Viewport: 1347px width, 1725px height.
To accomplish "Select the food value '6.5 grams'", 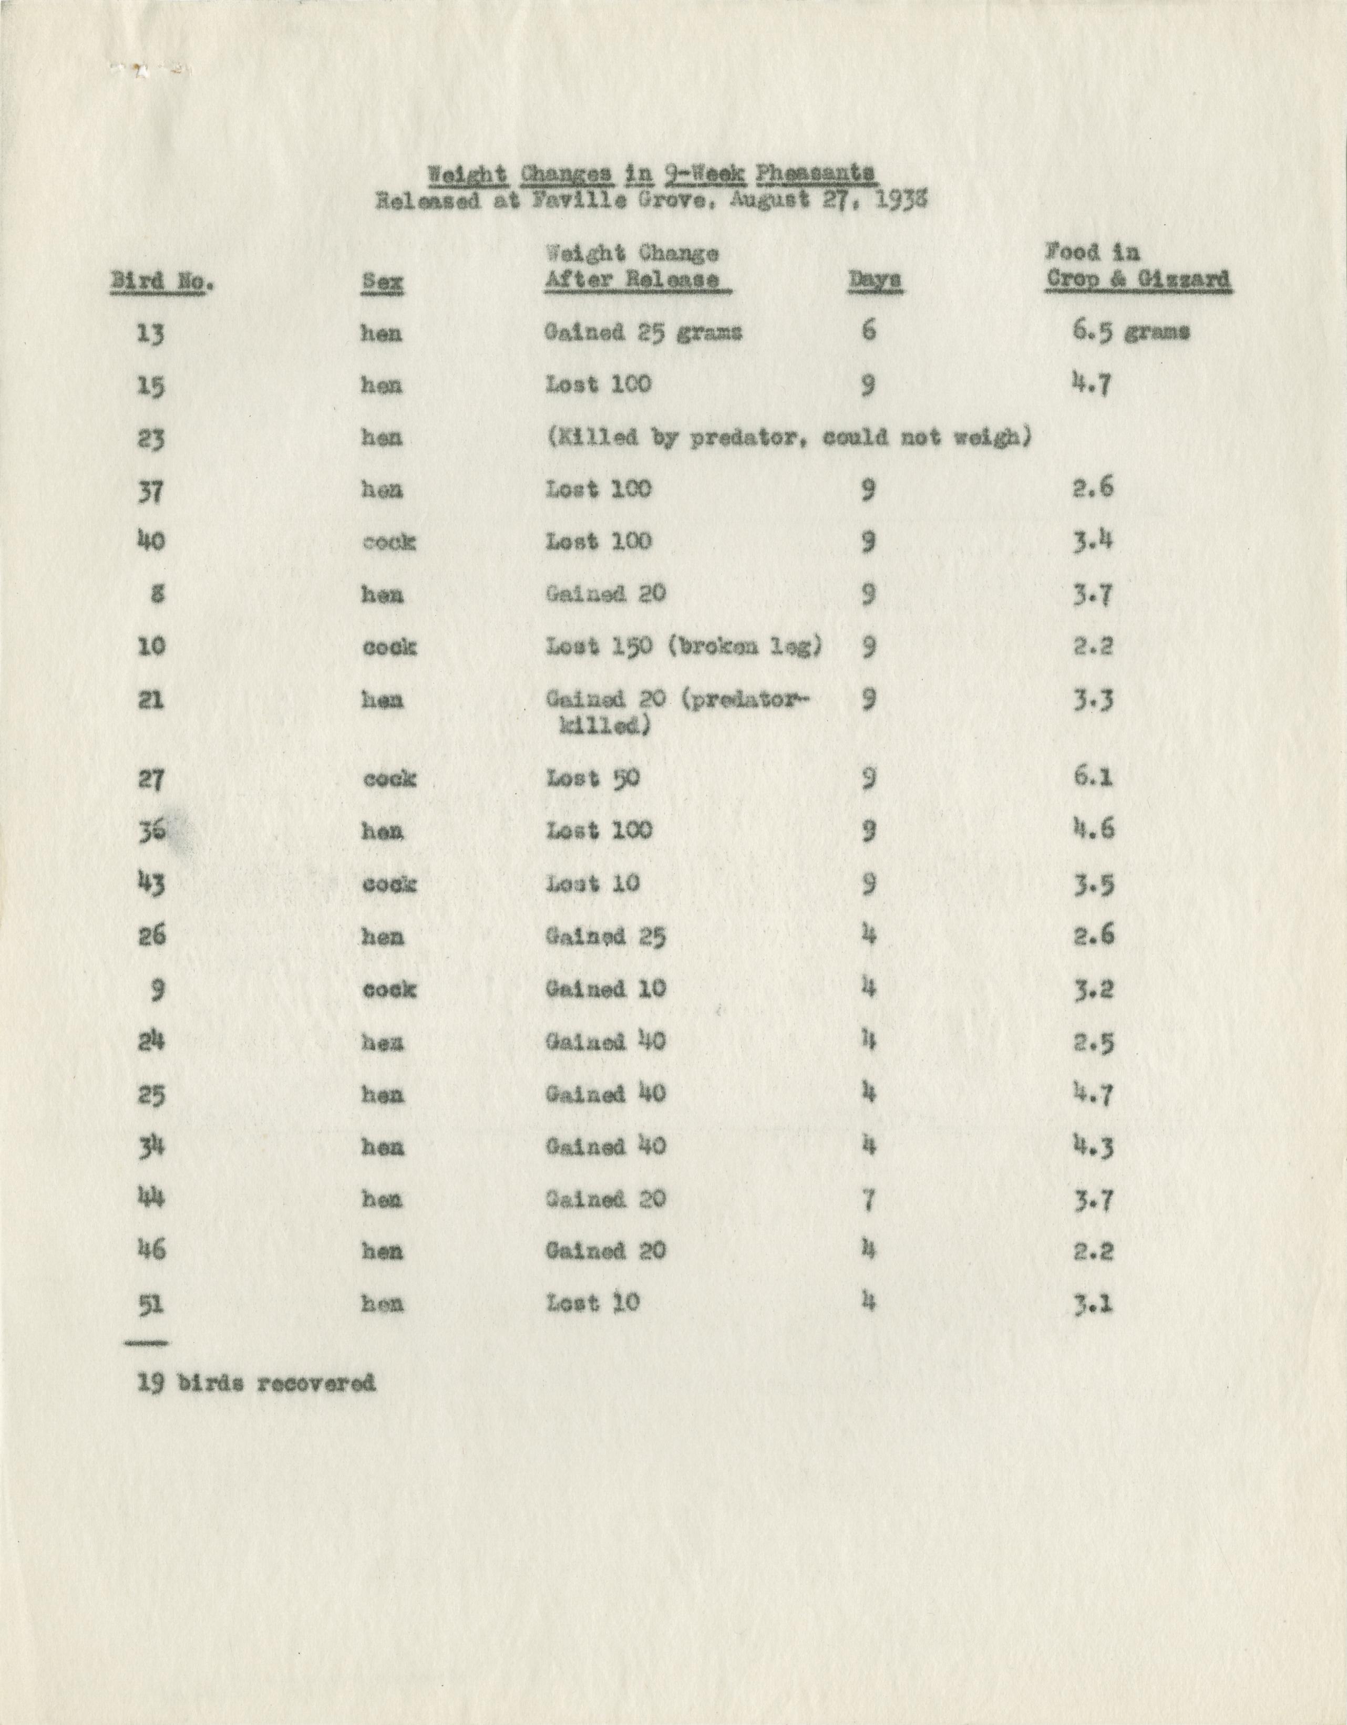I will pyautogui.click(x=1130, y=332).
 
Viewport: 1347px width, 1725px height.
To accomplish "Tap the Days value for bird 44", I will pyautogui.click(x=868, y=1200).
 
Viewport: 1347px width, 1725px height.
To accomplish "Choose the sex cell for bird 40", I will pyautogui.click(x=389, y=543).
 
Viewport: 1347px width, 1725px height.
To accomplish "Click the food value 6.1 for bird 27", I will pyautogui.click(x=1093, y=777).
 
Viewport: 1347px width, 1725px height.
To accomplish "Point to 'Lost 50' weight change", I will pyautogui.click(x=592, y=779).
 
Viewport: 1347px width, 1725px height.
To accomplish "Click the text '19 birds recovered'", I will pyautogui.click(x=256, y=1383).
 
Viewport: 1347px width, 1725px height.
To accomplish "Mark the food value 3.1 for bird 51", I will pyautogui.click(x=1093, y=1305).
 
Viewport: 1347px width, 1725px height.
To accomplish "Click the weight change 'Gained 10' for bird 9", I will pyautogui.click(x=605, y=989).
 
